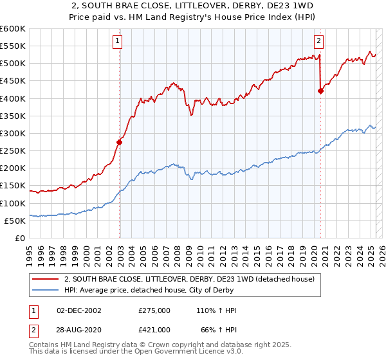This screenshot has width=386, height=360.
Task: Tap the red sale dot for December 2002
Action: coord(120,142)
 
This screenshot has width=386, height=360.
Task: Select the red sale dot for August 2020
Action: coord(320,91)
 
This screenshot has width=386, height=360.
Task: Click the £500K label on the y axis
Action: coord(13,63)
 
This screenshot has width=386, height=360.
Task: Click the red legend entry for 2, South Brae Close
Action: coord(189,280)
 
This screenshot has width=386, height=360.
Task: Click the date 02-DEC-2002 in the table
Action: coord(79,310)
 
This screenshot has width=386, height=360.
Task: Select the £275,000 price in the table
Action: coord(154,310)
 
